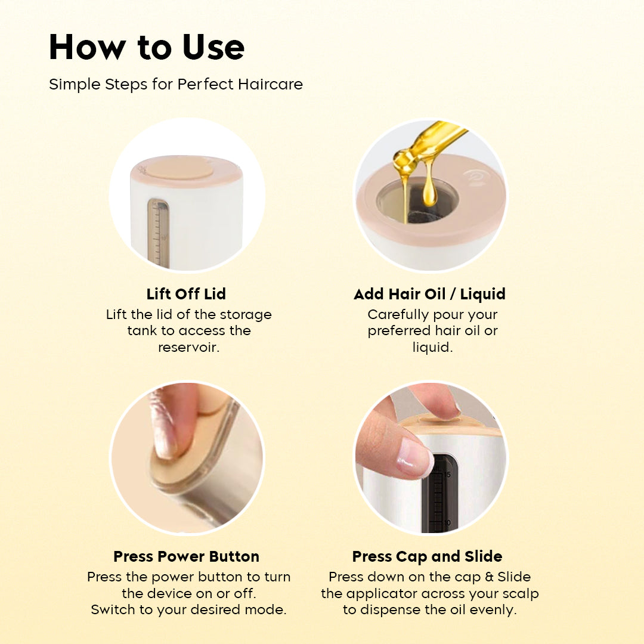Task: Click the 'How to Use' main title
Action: [x=147, y=47]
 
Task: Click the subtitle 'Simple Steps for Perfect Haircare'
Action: [x=176, y=84]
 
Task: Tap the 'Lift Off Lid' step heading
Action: [x=186, y=294]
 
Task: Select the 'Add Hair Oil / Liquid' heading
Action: [x=429, y=294]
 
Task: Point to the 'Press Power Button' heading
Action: [x=187, y=556]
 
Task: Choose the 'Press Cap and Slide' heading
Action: [x=427, y=556]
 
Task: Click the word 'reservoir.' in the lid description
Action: [x=189, y=348]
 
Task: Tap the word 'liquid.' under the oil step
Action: [x=432, y=348]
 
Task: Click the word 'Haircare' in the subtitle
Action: [x=270, y=84]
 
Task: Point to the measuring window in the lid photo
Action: [x=158, y=233]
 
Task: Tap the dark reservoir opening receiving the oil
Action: [x=417, y=202]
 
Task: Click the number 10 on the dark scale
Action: [x=447, y=523]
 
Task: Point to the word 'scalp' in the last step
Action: [x=521, y=594]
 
